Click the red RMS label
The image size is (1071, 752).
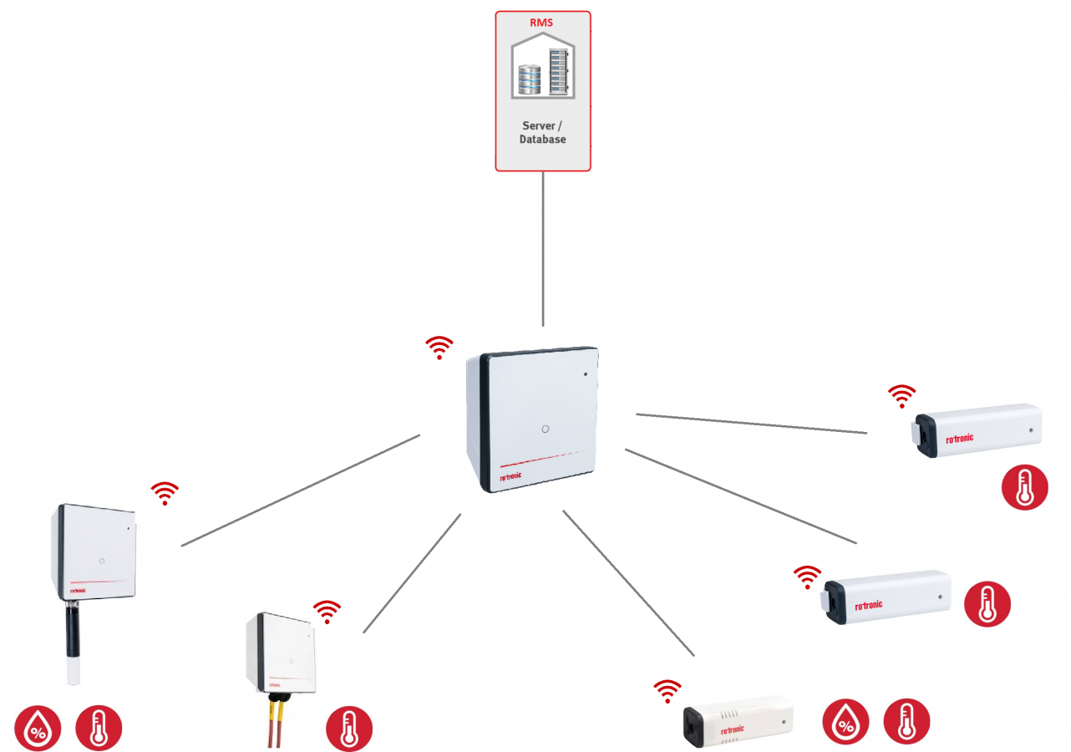click(542, 23)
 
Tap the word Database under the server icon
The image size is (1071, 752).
click(542, 140)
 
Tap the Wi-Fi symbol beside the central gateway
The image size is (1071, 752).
click(439, 348)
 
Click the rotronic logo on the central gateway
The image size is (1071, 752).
click(515, 477)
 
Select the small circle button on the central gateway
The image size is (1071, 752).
click(545, 428)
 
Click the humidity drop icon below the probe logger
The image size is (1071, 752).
click(38, 728)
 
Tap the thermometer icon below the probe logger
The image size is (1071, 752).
click(99, 728)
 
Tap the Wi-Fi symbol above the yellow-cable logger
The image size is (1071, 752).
click(327, 612)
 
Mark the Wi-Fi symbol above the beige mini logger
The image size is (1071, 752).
click(667, 690)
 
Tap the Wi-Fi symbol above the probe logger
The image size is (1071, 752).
click(165, 494)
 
